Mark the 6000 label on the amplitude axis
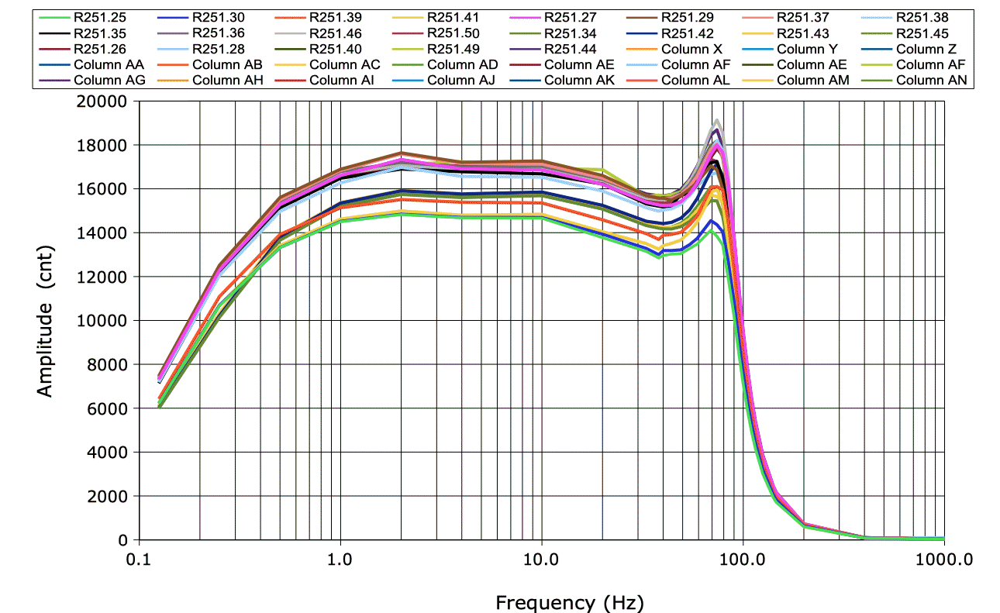click(x=109, y=408)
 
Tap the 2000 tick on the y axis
click(x=109, y=496)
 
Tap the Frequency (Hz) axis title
click(x=569, y=601)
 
